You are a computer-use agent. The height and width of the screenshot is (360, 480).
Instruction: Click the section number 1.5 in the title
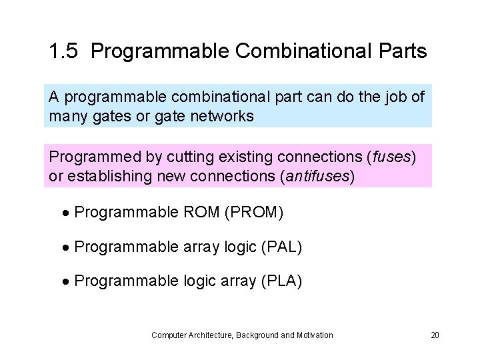(64, 51)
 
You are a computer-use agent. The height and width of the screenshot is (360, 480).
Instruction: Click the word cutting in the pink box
(169, 157)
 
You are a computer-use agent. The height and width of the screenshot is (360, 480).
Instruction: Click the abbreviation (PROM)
(254, 213)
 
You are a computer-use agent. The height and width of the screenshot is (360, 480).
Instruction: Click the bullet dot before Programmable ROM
(67, 213)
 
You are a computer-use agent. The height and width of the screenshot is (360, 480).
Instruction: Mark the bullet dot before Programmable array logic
(67, 248)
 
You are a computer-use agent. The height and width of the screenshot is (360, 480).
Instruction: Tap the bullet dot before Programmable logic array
(67, 282)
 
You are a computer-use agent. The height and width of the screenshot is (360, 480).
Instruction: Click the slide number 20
(435, 335)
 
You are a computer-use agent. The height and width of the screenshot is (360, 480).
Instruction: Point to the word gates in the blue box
(99, 116)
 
